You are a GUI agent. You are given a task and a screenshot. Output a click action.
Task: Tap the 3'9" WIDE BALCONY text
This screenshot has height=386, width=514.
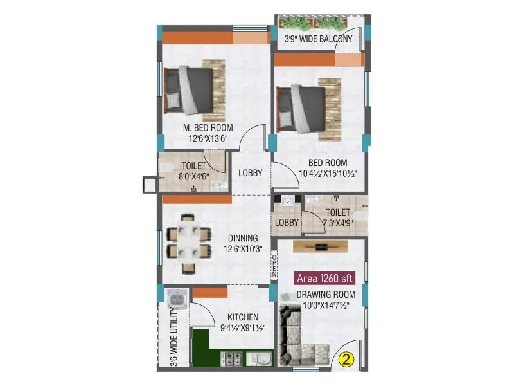click(x=319, y=39)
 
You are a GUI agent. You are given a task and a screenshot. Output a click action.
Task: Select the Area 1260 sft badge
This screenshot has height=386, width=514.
click(x=326, y=279)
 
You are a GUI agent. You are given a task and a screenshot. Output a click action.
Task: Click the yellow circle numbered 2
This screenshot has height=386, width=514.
click(x=346, y=359)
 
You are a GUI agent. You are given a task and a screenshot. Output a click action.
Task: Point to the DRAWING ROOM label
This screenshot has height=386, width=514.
click(x=326, y=295)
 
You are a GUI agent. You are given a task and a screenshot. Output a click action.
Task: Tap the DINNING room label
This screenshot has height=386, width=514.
click(x=241, y=237)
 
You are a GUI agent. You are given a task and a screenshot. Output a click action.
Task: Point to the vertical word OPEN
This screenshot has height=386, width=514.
click(x=274, y=266)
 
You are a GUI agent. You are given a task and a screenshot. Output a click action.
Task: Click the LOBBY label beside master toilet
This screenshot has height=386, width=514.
click(x=251, y=173)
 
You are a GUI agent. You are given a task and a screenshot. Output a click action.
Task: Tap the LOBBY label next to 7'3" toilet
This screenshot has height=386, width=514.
click(x=287, y=223)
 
